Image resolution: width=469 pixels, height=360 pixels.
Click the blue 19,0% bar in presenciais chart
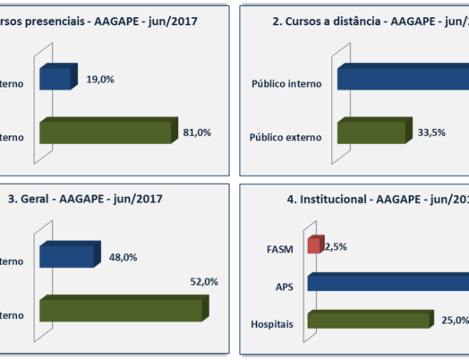(58, 78)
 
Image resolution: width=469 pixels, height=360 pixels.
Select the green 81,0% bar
(106, 132)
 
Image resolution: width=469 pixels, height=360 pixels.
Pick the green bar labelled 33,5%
(374, 132)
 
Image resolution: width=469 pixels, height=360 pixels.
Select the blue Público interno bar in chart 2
(403, 78)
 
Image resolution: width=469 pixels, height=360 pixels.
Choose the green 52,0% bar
(122, 309)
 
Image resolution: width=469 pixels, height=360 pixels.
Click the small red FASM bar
(314, 244)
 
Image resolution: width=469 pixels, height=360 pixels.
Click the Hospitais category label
(276, 323)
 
